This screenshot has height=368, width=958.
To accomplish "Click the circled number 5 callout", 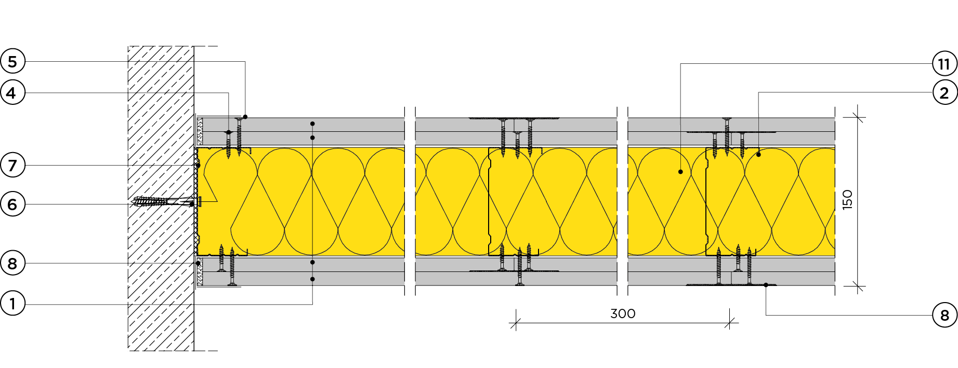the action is coord(12,62).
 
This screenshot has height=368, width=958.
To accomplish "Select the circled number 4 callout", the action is coord(12,93).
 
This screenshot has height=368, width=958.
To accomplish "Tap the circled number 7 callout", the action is coord(12,166).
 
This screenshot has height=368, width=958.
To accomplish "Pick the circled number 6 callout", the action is coord(12,204).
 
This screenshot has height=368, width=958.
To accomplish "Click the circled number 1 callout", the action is coord(12,303).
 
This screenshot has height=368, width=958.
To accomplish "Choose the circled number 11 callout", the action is coord(944,64).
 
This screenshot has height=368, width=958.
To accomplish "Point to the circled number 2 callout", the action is coord(944,93).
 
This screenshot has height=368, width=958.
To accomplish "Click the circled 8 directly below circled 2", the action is coord(944,315).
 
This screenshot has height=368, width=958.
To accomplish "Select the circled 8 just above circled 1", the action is coord(12,263).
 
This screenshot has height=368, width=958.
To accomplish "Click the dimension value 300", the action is coord(623,314).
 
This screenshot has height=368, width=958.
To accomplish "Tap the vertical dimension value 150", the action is coord(847,199).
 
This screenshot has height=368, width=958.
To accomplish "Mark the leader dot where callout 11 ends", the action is coord(680,172).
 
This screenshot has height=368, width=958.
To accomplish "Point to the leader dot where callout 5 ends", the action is coord(245,117).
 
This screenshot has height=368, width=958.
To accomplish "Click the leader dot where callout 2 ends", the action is coord(758,155).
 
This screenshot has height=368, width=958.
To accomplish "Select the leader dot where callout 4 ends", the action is coord(229,132).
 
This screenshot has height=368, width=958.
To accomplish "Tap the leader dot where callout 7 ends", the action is coord(198,166).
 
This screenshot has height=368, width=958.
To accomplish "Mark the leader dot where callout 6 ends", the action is coord(192,204).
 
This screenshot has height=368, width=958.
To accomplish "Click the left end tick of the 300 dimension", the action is coord(516,323).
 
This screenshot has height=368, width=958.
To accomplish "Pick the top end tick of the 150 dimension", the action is coord(858,118).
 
